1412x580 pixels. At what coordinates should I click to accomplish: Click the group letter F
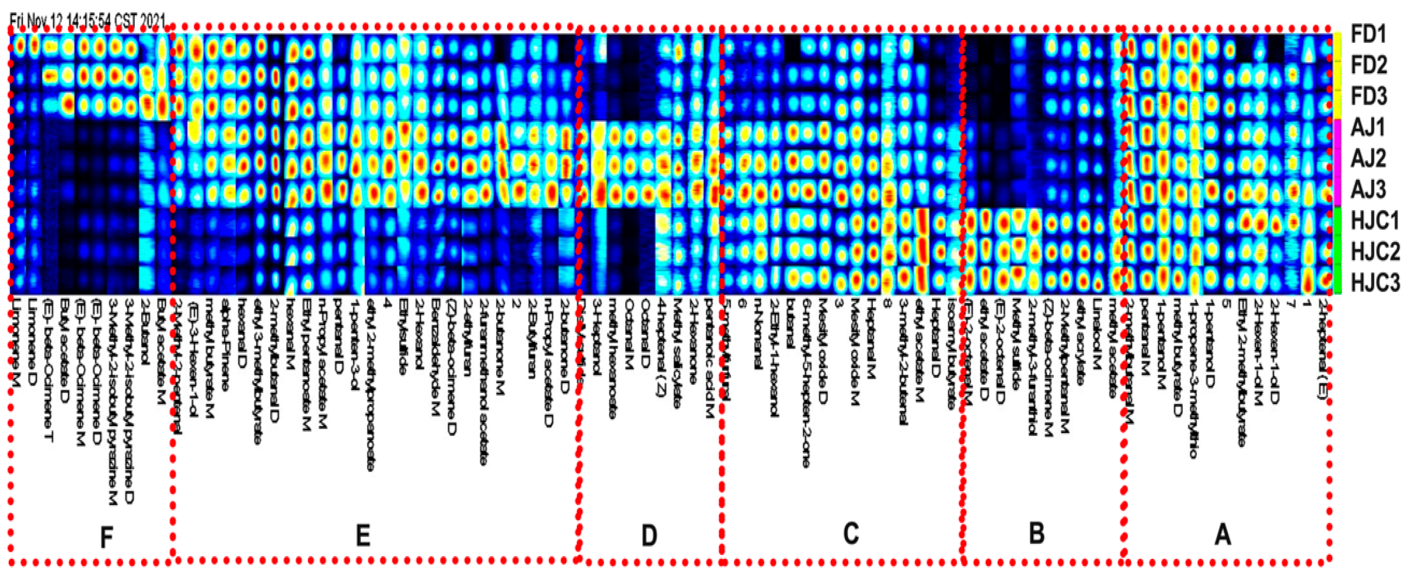click(x=106, y=538)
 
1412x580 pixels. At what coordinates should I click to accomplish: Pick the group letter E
click(x=363, y=535)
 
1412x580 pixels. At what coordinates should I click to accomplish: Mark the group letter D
click(x=649, y=535)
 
